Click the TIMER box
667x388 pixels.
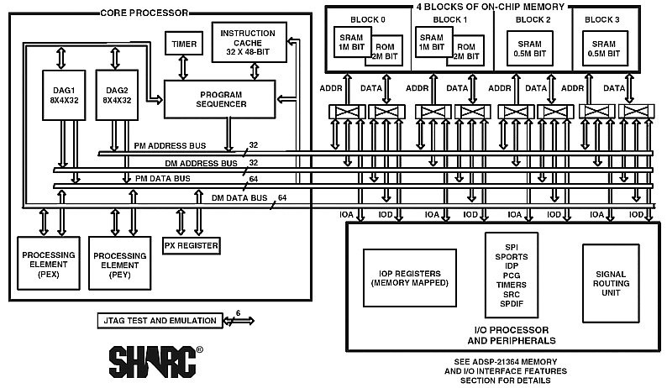pos(184,44)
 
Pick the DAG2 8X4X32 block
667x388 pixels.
pos(116,95)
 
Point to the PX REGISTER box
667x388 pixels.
pos(191,246)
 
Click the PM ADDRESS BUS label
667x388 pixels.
pos(170,146)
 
